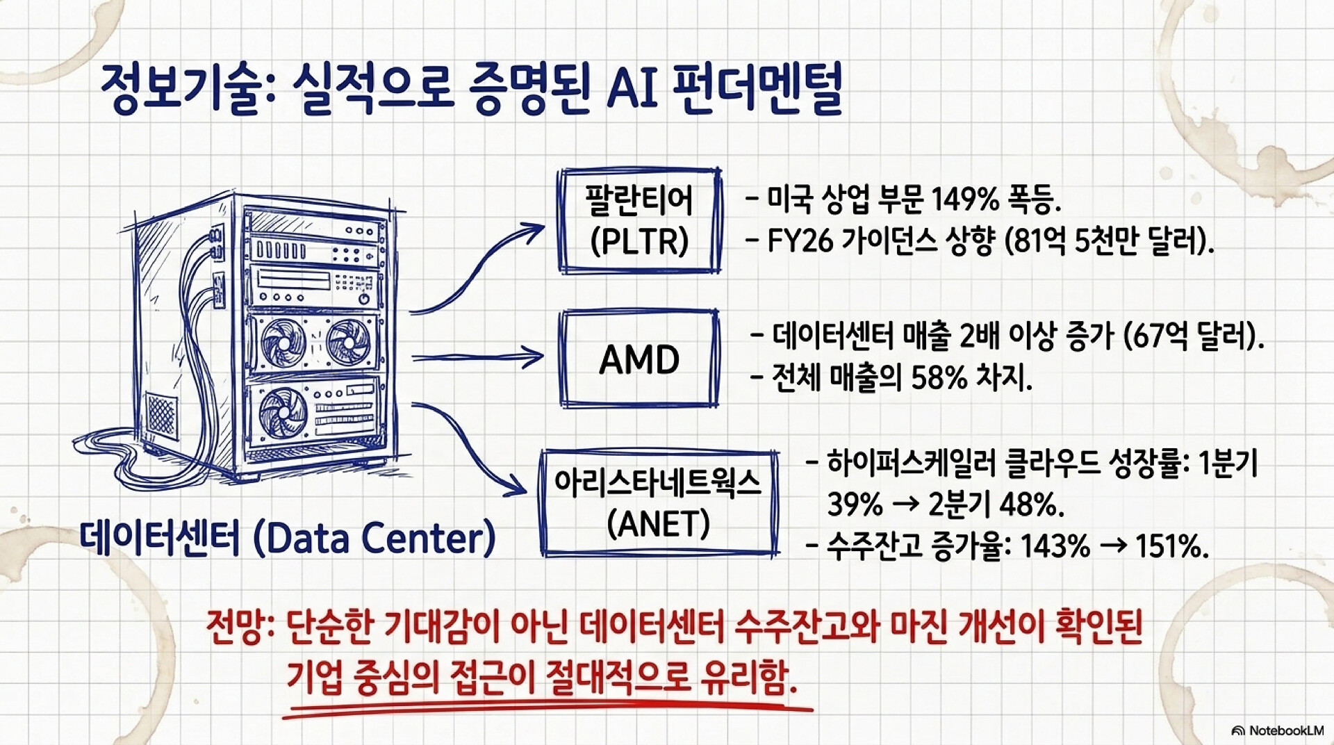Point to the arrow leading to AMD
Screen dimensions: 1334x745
pyautogui.click(x=478, y=358)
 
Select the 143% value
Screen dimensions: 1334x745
pyautogui.click(x=1055, y=547)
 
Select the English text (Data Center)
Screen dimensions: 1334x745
pyautogui.click(x=374, y=537)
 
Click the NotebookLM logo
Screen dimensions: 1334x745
pyautogui.click(x=1277, y=730)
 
